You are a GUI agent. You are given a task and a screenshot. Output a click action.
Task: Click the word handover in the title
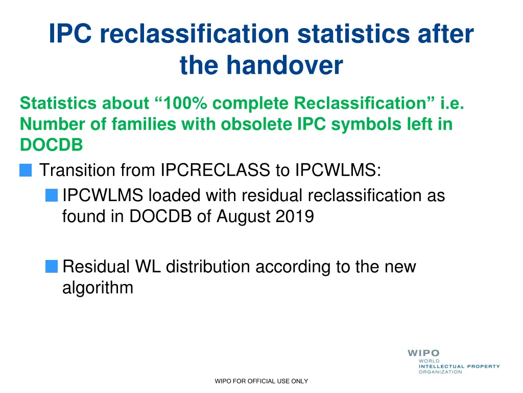tap(284, 65)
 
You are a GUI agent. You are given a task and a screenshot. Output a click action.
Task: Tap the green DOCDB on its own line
tap(51, 145)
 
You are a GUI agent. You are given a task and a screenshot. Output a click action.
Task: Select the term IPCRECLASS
tap(215, 170)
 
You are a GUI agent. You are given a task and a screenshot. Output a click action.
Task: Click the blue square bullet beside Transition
tap(26, 170)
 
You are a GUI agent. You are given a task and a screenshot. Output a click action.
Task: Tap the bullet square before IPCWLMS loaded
tap(51, 195)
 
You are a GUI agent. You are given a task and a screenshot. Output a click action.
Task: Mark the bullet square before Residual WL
tap(51, 266)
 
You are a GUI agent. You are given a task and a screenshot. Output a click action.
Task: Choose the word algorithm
tap(98, 288)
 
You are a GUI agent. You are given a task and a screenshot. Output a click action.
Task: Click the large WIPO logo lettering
tap(423, 353)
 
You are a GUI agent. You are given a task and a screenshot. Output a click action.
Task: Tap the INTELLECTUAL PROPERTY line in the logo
tap(459, 366)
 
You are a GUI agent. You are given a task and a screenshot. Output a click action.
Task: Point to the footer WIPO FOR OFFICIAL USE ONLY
tap(261, 381)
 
